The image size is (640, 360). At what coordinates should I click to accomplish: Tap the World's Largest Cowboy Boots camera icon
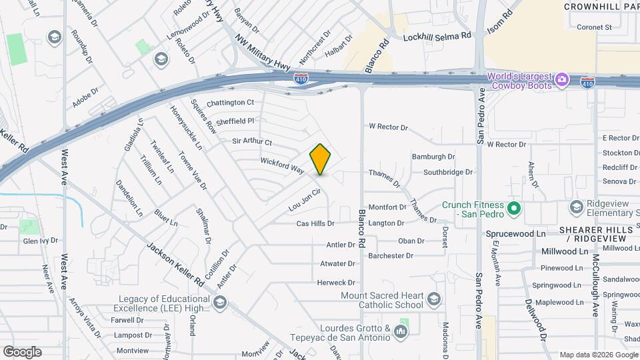coord(562,80)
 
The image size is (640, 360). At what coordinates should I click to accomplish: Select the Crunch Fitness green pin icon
coord(513,209)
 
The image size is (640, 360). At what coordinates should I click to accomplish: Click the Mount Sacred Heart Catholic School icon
coord(435,298)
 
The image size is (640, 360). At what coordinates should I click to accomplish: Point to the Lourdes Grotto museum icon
coord(401,331)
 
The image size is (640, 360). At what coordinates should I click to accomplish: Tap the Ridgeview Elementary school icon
coord(575,207)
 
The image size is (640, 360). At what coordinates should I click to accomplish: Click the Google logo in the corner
coord(22,351)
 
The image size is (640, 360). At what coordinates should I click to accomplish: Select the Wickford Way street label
coord(282,165)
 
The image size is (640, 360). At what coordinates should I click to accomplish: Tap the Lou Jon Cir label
coord(305,200)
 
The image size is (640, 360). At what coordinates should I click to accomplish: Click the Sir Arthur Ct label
coord(252,142)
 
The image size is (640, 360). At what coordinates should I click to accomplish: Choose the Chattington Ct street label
coord(230,103)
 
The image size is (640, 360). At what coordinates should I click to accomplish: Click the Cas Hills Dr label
coord(315,223)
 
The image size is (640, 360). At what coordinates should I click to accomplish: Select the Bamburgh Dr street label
coord(433,157)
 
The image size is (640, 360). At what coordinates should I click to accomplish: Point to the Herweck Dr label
coord(336,283)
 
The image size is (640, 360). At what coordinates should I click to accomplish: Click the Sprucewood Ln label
coord(515,234)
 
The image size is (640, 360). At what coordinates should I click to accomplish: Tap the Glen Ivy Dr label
coord(40,241)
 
